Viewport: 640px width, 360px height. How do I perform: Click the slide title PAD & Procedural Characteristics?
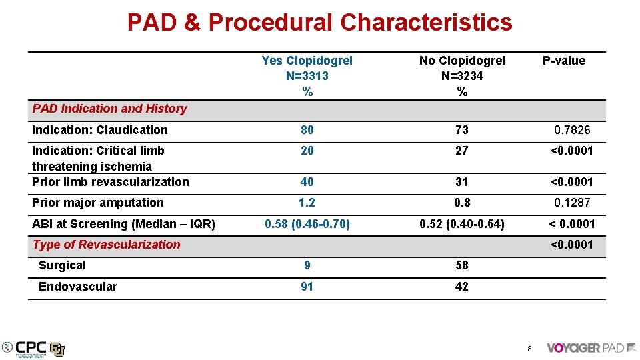tap(319, 23)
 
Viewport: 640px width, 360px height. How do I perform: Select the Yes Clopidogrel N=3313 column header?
tap(307, 76)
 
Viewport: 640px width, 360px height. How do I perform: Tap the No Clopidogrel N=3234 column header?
tap(462, 76)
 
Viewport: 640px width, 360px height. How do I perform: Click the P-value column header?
tap(563, 61)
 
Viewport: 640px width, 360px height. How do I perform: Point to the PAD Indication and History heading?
tap(110, 109)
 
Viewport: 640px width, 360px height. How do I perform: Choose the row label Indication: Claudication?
tap(100, 130)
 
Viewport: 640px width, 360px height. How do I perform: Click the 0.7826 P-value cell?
tap(572, 130)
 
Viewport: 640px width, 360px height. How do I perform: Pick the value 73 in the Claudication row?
tap(462, 130)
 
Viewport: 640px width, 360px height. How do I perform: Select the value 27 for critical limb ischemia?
tap(462, 151)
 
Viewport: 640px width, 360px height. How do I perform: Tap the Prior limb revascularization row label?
tap(111, 182)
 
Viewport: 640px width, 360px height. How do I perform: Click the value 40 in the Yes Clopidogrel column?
tap(307, 182)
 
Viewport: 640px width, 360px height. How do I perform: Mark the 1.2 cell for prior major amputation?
tap(307, 203)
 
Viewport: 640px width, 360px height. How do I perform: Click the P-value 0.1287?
tap(572, 203)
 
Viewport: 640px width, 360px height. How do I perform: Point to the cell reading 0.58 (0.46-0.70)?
tap(307, 224)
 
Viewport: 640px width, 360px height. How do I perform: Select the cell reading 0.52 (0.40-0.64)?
tap(462, 224)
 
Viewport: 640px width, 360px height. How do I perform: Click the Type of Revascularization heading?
tap(107, 245)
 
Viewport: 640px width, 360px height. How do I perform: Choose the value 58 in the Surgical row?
tap(462, 265)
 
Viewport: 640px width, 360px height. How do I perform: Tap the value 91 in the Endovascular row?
tap(307, 287)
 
